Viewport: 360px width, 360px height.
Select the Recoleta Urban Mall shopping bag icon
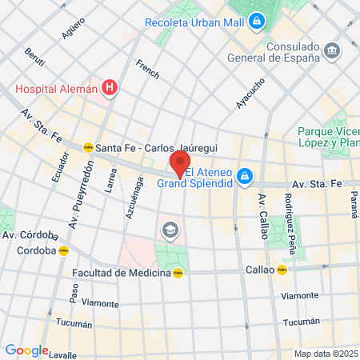257,22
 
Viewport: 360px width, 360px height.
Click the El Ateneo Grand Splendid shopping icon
246,176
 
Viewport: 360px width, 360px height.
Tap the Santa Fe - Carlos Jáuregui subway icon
88,147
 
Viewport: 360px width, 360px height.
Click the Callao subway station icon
282,270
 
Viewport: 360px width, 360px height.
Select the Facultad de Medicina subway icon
178,273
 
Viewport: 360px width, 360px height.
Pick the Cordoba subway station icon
63,250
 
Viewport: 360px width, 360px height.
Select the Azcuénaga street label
138,199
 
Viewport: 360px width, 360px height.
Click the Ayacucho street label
250,94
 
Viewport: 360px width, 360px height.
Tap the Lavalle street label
62,354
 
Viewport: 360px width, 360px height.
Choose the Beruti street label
34,58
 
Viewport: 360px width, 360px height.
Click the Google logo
26,350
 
